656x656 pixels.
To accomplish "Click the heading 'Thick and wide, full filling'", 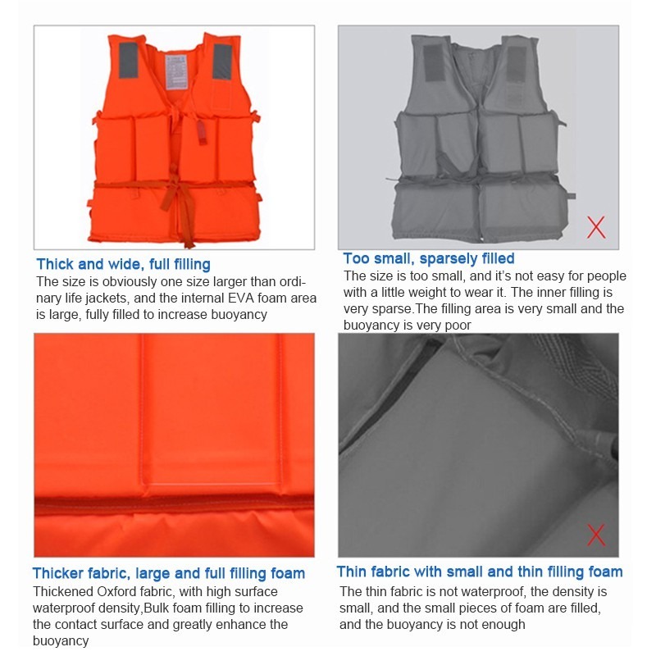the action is tap(124, 264).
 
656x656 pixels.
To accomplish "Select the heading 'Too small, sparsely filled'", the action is tap(429, 258).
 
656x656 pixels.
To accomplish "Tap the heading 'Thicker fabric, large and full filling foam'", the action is tap(169, 573).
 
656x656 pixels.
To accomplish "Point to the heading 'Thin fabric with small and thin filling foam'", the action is tap(480, 572).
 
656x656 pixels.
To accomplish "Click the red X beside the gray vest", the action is tap(596, 228).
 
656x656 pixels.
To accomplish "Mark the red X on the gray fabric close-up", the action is tap(596, 535).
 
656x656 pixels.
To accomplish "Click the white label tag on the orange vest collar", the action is tap(176, 72).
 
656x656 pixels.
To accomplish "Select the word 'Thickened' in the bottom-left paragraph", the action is tap(64, 591).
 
